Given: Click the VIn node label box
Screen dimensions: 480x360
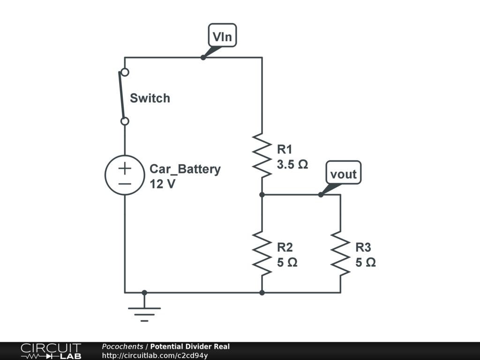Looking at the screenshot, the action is click(x=222, y=35).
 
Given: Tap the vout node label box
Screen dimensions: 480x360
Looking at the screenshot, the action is click(x=344, y=172).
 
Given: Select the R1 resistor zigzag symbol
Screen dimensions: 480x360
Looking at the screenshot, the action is click(x=262, y=156).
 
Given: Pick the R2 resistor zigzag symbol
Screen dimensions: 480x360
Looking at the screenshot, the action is click(x=262, y=254).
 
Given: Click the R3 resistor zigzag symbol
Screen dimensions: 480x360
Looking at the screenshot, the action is click(x=340, y=254).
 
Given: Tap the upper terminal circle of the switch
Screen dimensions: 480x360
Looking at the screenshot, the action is click(x=125, y=72).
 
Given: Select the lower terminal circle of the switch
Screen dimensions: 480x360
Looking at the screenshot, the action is click(x=125, y=121).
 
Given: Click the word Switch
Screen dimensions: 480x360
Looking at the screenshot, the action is click(x=150, y=98).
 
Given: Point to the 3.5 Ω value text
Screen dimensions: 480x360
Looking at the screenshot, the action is click(x=292, y=165).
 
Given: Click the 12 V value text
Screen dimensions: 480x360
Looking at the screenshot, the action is click(x=163, y=184).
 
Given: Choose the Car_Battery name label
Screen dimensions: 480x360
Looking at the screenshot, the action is click(x=185, y=169).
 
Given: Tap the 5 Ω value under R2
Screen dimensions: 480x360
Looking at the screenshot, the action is click(x=287, y=262).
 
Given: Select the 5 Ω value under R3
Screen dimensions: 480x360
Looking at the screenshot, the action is click(x=366, y=262).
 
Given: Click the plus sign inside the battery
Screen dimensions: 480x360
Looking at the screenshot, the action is click(x=125, y=168).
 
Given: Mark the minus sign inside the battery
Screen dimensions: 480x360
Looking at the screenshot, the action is click(x=125, y=184).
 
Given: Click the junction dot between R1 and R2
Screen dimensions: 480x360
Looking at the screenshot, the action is click(x=262, y=195).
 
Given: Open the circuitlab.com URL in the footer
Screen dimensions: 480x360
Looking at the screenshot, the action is click(x=155, y=355).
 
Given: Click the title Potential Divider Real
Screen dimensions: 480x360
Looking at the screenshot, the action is click(x=190, y=346).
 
